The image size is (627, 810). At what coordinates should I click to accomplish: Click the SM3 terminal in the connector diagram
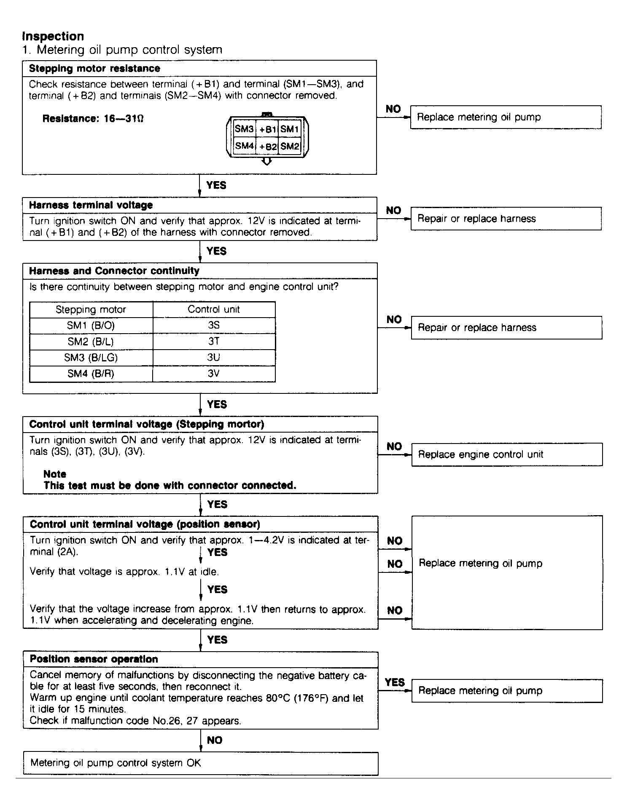244,129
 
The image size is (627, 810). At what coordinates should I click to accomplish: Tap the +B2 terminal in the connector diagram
268,146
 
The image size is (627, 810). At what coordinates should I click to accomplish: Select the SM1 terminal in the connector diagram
290,129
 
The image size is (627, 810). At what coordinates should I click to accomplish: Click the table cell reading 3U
214,358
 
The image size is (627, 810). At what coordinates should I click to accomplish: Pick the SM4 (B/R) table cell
91,374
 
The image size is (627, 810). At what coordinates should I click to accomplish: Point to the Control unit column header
214,309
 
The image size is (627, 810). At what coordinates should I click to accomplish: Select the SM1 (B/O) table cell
91,325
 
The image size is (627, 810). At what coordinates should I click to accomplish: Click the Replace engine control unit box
506,454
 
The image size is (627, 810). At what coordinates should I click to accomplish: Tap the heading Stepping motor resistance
94,68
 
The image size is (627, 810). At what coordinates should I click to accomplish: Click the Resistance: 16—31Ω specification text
93,119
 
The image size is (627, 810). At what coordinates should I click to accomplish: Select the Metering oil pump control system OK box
200,763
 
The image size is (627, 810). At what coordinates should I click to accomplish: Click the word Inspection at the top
53,36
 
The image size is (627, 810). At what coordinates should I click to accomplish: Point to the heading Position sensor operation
94,659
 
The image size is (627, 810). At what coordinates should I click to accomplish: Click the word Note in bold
55,474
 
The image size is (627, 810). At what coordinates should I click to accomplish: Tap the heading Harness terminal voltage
91,205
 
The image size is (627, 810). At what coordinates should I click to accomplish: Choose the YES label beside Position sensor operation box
395,682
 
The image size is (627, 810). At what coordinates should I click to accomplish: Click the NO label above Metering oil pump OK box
215,740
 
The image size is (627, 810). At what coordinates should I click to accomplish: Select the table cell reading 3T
214,341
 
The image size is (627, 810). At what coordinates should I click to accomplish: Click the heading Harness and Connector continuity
114,271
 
